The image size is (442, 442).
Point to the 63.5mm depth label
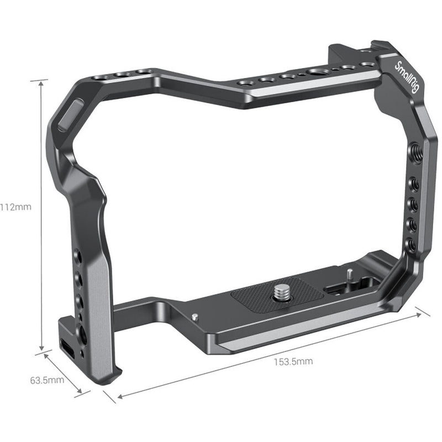pyautogui.click(x=48, y=380)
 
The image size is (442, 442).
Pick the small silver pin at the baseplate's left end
pyautogui.click(x=196, y=317)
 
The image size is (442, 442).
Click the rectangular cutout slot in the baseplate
pyautogui.click(x=337, y=289)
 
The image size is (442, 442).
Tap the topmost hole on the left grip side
pyautogui.click(x=78, y=256)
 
